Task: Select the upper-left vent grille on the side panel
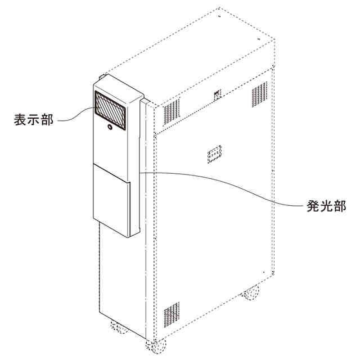click(x=172, y=112)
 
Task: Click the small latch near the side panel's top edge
click(x=217, y=93)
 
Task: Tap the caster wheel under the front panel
click(x=118, y=326)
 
